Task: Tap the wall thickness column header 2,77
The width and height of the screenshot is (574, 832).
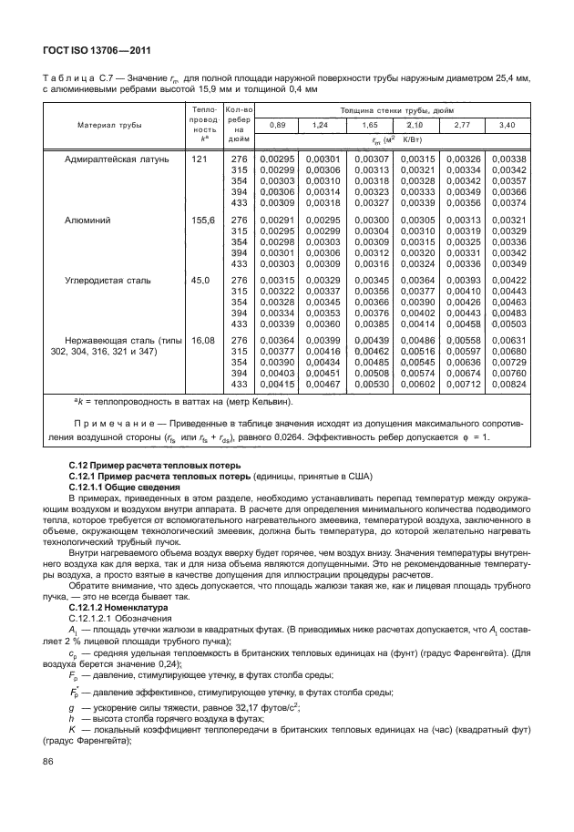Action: coord(461,124)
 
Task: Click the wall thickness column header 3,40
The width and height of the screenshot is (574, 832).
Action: coord(507,124)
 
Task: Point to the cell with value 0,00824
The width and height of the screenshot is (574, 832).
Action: coord(507,385)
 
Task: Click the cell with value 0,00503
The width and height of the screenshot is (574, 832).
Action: coord(507,324)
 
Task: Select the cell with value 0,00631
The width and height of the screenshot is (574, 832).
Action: coord(507,341)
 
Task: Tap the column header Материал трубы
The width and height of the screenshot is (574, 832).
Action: coord(108,124)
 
